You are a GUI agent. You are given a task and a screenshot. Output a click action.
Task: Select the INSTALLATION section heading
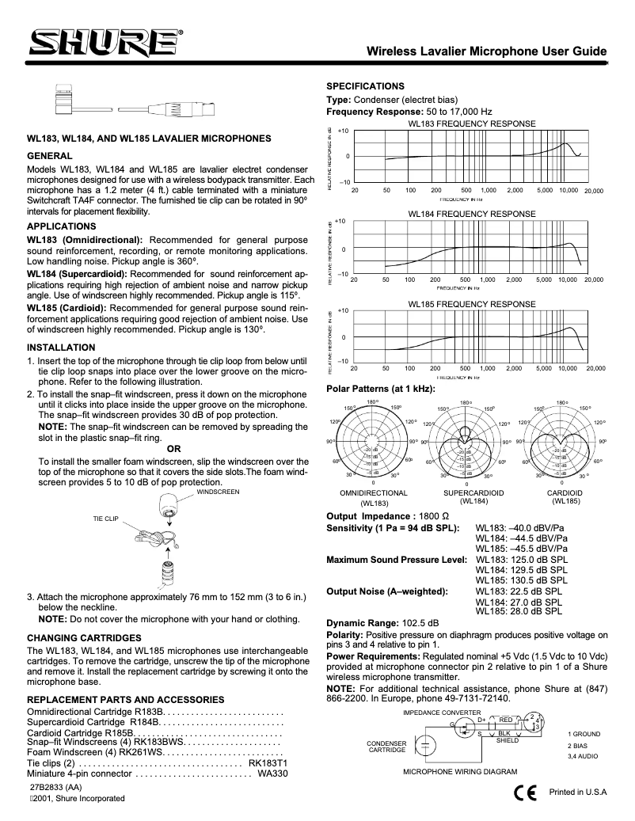61,348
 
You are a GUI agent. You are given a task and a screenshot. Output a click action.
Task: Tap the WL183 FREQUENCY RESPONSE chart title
472,124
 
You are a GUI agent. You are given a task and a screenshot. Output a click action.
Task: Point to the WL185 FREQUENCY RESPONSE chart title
472,304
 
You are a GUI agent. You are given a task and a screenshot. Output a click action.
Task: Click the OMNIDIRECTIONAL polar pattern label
373,492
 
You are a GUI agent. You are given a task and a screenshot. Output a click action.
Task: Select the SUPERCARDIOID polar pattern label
473,492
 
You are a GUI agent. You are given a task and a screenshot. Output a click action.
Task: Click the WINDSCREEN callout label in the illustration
218,492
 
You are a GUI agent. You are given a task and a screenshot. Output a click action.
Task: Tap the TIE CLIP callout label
105,519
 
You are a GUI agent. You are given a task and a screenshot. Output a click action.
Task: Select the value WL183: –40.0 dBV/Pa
519,527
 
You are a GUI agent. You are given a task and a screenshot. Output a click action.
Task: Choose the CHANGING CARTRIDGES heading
83,637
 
